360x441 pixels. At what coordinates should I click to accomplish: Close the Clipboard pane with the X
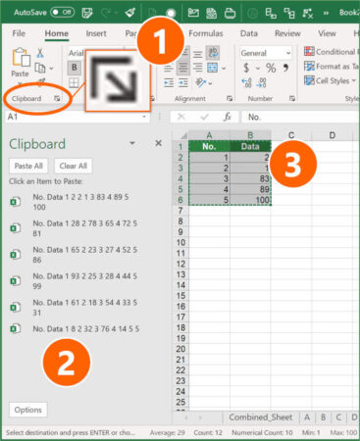click(x=158, y=143)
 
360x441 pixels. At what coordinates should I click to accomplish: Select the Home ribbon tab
click(x=56, y=32)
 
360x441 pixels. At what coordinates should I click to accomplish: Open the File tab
click(x=19, y=32)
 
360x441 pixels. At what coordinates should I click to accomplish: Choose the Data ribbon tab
click(x=248, y=32)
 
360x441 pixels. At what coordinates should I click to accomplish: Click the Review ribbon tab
click(x=287, y=32)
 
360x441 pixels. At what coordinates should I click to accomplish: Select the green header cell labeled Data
click(x=250, y=146)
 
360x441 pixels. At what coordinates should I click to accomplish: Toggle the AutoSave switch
click(x=62, y=12)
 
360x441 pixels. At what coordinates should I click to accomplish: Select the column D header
click(x=332, y=135)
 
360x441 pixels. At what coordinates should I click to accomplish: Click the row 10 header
click(x=180, y=243)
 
